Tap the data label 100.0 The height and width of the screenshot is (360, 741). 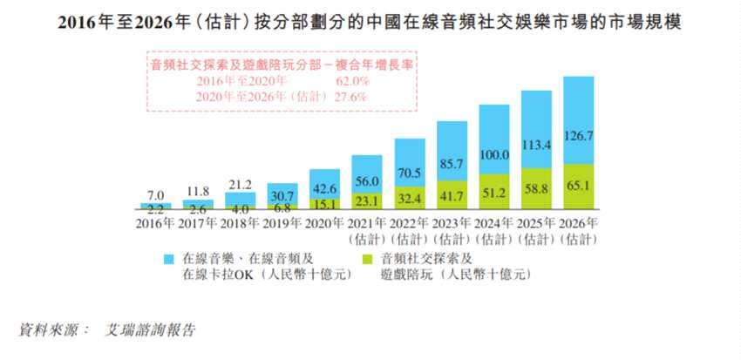pos(493,155)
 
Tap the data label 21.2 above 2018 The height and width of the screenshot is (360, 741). pos(241,184)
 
